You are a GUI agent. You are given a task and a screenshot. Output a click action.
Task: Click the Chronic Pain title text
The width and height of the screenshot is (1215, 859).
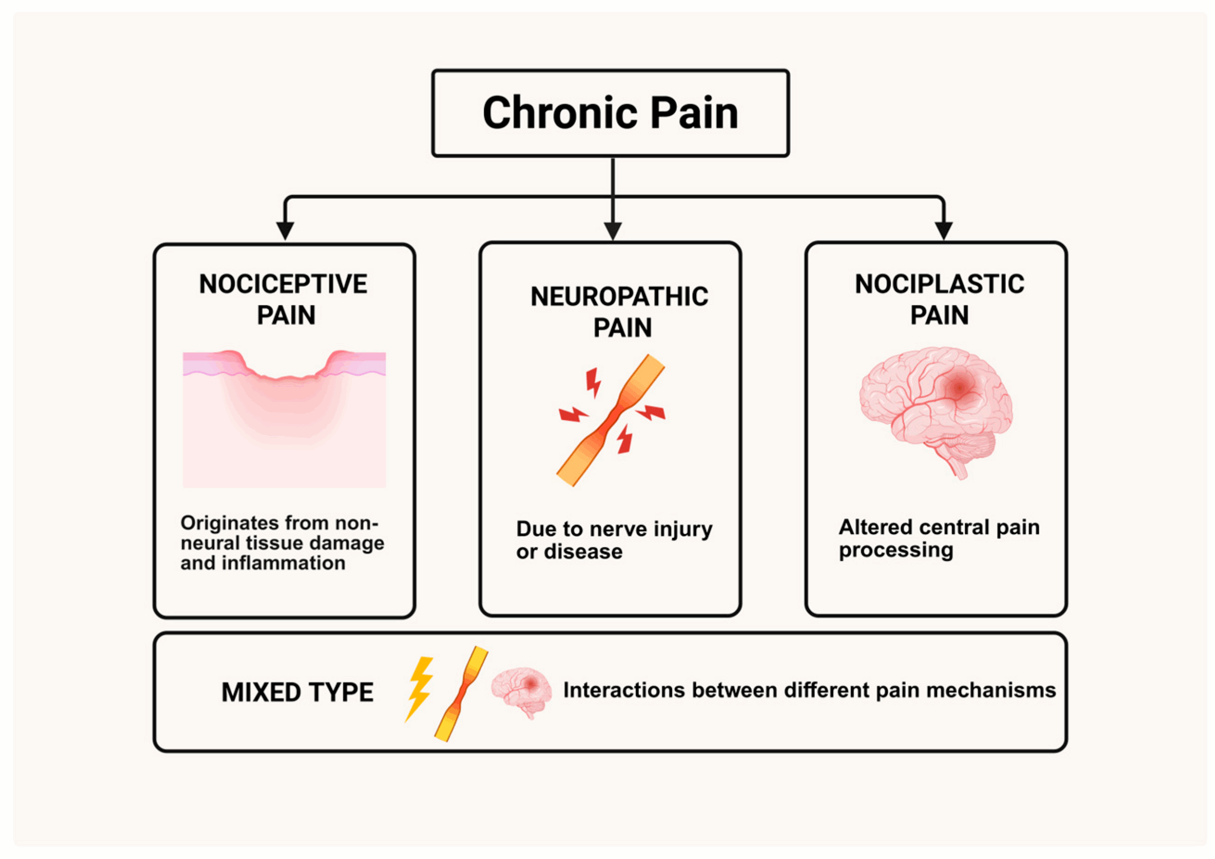tap(610, 113)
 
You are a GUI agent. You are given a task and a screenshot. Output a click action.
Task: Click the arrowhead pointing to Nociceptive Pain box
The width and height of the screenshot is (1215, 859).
tap(285, 230)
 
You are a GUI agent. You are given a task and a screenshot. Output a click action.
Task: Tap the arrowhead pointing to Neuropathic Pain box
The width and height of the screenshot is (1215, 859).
tap(612, 230)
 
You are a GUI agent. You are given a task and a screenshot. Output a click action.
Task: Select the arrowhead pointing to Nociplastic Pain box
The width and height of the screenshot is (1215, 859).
tap(944, 230)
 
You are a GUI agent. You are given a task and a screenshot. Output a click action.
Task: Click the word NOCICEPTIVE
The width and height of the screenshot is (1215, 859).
tap(283, 285)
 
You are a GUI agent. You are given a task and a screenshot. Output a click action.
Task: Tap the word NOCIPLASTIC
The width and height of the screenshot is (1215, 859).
tap(939, 285)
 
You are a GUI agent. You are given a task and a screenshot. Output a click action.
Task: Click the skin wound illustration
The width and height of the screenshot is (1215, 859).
tap(284, 418)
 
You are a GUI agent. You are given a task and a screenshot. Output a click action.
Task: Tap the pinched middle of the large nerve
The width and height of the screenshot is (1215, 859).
tap(612, 421)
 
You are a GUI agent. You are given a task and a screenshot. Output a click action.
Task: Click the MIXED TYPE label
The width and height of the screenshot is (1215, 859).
tap(298, 693)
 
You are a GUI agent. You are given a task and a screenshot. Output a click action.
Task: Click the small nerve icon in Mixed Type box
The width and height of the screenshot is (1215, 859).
tap(460, 693)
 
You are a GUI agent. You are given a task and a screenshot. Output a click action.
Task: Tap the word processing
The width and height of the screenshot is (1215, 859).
tap(896, 550)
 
